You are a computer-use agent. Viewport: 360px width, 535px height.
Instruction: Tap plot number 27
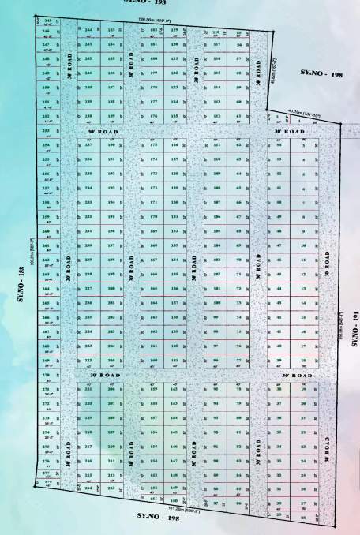click(302, 502)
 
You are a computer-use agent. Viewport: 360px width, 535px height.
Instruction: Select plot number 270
click(46, 376)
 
